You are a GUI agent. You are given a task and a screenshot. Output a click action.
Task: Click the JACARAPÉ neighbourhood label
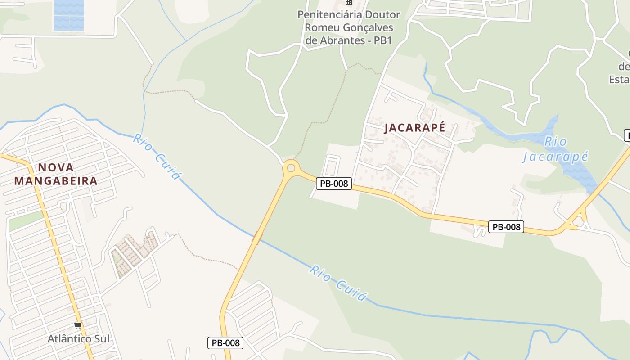click(x=414, y=128)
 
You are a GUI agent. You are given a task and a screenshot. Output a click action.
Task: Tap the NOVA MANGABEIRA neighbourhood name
click(x=56, y=174)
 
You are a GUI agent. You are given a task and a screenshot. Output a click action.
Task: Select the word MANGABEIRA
click(x=56, y=181)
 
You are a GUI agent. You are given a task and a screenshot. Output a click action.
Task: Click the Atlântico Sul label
click(x=79, y=338)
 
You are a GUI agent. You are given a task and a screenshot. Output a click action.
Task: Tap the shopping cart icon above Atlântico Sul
click(x=78, y=325)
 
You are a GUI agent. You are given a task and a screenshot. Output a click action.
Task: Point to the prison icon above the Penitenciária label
click(x=348, y=3)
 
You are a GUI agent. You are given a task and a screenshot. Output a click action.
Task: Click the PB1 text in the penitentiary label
click(x=383, y=40)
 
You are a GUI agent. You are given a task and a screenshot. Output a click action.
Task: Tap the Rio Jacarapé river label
click(x=555, y=149)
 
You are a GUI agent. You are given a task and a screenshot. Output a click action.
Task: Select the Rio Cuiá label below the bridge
click(x=338, y=283)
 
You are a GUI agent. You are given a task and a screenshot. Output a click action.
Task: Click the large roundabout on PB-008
click(x=291, y=168)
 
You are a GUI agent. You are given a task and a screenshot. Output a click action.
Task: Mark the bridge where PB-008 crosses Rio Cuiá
click(x=257, y=238)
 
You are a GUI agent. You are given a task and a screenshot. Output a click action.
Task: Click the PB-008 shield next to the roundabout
click(x=333, y=184)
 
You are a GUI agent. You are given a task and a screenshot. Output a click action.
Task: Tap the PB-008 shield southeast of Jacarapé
click(x=506, y=227)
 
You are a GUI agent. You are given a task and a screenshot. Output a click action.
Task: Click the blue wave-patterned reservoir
click(x=69, y=15)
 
